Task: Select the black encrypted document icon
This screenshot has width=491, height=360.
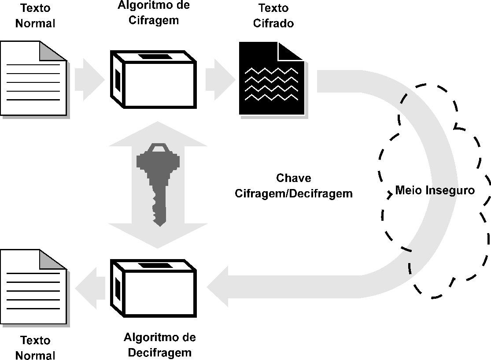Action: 272,78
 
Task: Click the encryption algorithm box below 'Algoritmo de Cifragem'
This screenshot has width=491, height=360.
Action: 153,79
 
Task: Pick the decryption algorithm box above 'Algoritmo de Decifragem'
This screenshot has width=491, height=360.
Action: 153,288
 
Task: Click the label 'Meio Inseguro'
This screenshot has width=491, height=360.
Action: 435,190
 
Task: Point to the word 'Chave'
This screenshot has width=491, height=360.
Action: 294,178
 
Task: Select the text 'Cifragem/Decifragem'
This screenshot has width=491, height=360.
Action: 294,193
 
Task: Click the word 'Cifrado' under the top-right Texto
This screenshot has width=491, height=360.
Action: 273,23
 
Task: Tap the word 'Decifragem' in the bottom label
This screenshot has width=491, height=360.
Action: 160,353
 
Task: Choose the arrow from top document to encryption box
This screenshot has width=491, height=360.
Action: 89,80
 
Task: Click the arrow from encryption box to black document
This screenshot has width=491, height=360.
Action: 221,80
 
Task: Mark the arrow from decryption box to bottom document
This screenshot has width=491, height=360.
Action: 90,288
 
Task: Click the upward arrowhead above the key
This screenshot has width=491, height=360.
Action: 158,134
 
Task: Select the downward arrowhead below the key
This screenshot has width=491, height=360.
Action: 158,236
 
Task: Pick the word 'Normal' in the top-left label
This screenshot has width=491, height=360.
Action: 35,23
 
